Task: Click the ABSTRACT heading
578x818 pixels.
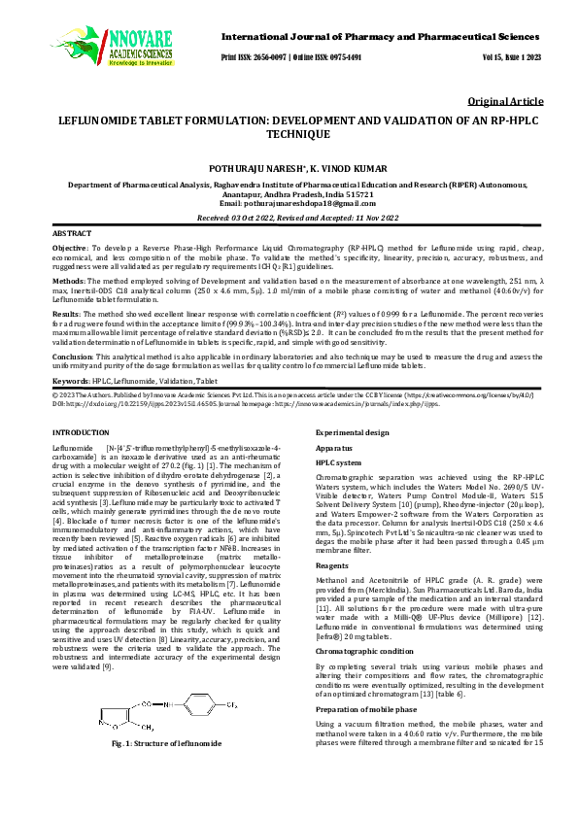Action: [x=72, y=235]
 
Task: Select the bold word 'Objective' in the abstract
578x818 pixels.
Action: [x=71, y=250]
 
